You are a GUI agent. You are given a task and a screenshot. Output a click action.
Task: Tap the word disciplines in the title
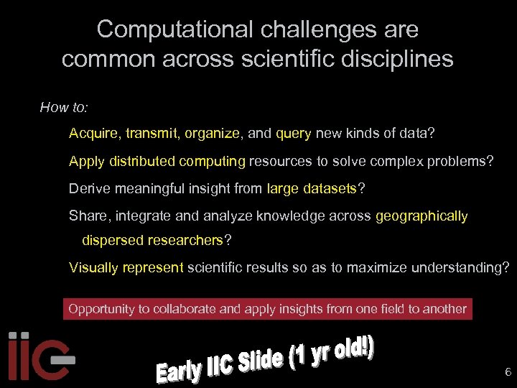tap(401, 59)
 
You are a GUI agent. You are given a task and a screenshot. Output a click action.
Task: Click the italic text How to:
tap(64, 108)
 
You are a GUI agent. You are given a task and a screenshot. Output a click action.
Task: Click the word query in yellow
tap(293, 134)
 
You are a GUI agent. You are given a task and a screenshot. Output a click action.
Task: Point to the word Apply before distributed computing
tap(86, 161)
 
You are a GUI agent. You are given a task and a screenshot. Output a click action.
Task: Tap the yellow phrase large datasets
tap(312, 189)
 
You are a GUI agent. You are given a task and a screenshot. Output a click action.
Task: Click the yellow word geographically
tap(421, 216)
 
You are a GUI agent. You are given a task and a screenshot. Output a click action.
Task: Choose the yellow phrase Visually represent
tap(126, 268)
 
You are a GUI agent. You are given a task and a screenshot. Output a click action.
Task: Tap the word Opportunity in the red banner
tap(101, 309)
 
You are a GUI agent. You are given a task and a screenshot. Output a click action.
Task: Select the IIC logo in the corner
tap(39, 355)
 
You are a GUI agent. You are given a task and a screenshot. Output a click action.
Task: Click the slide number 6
tap(508, 372)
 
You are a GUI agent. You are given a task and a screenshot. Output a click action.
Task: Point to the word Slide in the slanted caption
tap(258, 365)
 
